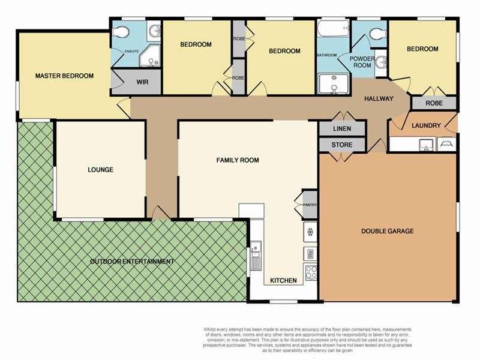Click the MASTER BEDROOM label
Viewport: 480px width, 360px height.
point(64,76)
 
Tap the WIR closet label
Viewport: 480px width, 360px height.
point(142,82)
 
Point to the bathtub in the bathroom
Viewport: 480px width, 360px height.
point(333,29)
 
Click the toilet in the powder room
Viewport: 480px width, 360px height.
point(377,34)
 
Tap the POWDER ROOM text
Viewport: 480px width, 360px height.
point(362,62)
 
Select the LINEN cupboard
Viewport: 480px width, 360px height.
point(342,129)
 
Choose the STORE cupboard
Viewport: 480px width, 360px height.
point(342,145)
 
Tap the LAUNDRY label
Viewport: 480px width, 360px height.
point(426,126)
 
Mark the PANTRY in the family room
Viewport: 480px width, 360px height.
point(310,205)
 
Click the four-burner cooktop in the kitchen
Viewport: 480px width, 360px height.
point(311,272)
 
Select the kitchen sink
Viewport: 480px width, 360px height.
point(256,254)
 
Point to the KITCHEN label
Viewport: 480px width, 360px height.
point(283,281)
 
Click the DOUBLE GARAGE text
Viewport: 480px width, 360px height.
point(387,231)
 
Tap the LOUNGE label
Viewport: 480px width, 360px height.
point(100,170)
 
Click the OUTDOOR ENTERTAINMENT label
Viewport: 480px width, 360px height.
point(132,262)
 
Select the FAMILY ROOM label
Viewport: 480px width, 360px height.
point(238,160)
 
